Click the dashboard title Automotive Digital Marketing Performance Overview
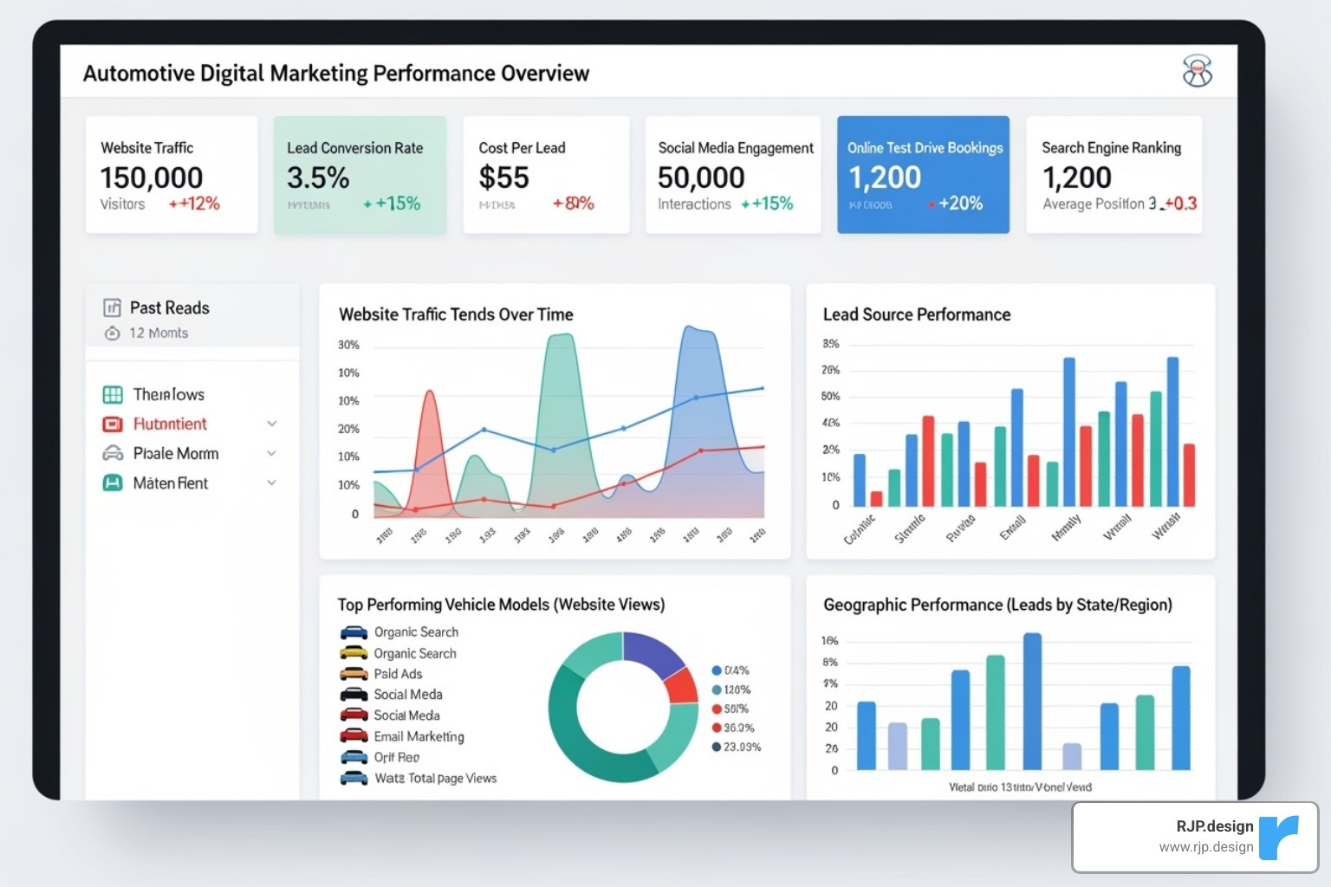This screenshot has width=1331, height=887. (335, 74)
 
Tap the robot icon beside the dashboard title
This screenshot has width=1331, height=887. (1198, 71)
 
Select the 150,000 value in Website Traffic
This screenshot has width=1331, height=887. (152, 178)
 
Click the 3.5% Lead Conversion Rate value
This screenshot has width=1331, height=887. (318, 178)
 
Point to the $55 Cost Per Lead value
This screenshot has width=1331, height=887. (503, 178)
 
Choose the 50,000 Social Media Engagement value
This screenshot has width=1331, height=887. (701, 178)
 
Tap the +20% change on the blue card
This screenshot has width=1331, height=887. (960, 204)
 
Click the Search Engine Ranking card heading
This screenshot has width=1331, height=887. (1111, 148)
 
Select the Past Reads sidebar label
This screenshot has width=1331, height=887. (169, 308)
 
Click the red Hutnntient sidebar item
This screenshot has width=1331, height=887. (170, 424)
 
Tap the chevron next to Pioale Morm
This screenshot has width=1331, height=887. (272, 453)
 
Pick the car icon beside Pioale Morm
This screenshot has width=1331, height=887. (113, 453)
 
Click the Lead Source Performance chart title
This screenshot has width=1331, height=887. (916, 314)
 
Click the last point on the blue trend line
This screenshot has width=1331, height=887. (763, 388)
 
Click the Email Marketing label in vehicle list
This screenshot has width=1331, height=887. (419, 736)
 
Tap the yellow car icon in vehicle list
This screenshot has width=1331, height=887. (354, 653)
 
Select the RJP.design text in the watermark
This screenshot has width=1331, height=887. (1214, 826)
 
